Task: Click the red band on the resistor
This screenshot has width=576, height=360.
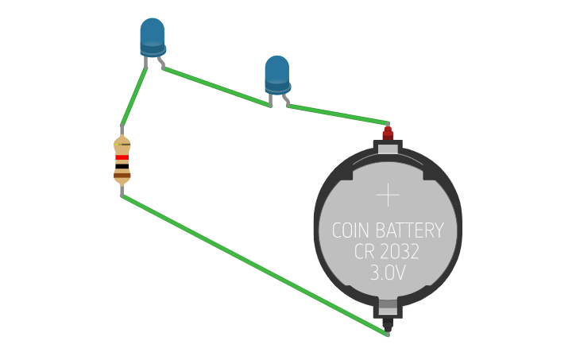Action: [122, 158]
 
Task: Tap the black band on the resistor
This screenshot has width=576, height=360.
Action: [122, 166]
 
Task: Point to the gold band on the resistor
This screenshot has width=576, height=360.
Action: [122, 146]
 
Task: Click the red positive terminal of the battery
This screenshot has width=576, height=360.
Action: [388, 133]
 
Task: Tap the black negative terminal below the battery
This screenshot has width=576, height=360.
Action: [388, 324]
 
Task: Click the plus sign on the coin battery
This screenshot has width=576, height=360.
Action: [388, 195]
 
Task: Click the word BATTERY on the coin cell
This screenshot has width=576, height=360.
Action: [409, 231]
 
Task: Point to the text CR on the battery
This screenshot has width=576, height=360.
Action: [365, 253]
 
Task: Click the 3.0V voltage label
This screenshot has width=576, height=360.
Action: [388, 273]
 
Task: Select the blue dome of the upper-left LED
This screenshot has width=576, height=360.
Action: [153, 33]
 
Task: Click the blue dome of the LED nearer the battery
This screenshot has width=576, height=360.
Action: [276, 70]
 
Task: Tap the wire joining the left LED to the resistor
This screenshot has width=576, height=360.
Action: [134, 95]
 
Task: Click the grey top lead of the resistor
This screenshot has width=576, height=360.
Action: [122, 131]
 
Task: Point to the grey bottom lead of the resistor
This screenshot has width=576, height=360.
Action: [122, 190]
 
